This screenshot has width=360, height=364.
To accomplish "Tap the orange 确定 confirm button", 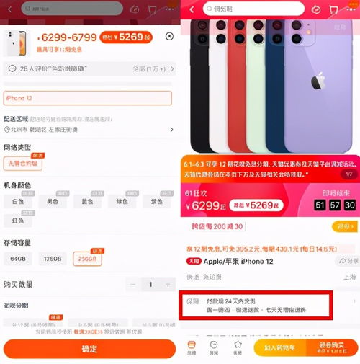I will (x=89, y=349).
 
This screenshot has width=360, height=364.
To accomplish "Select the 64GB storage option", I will (x=18, y=258).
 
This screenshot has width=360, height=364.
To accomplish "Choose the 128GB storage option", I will (x=53, y=258).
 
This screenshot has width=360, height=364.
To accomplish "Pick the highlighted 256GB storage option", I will (x=88, y=258).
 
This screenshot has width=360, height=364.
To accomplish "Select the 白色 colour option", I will (x=18, y=203).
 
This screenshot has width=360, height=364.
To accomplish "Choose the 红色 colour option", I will (x=18, y=221).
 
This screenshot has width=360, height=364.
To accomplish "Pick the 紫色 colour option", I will (x=156, y=203).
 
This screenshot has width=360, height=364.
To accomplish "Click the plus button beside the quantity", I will (x=169, y=285).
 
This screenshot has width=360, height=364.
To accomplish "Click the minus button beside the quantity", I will (x=133, y=285).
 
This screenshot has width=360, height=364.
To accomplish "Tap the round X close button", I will (x=169, y=36).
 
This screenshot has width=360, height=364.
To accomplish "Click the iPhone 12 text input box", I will (x=88, y=98).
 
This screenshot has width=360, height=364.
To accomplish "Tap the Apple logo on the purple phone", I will (x=318, y=81).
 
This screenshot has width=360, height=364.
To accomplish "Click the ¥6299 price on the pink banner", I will (x=204, y=205).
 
